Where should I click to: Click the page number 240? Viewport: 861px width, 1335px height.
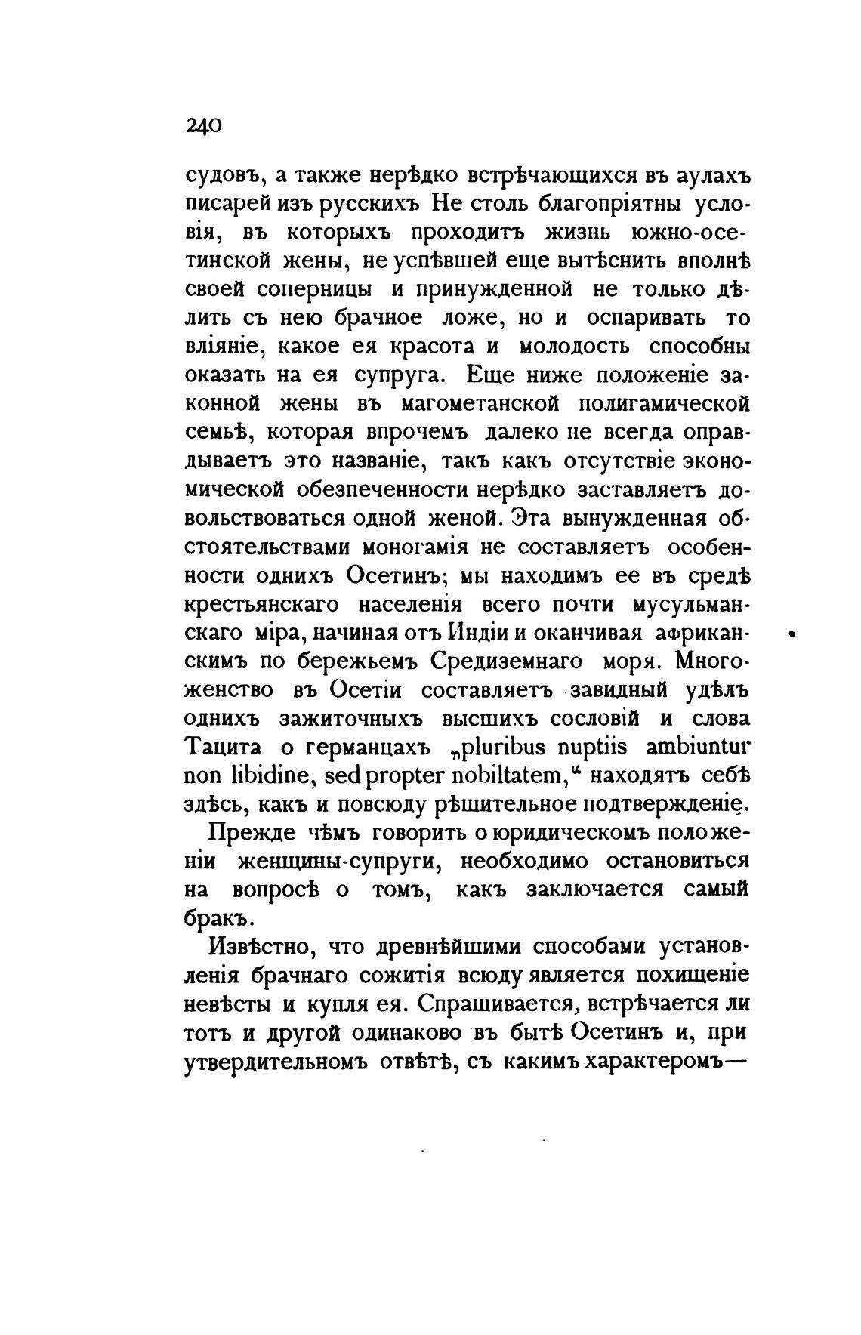pyautogui.click(x=202, y=125)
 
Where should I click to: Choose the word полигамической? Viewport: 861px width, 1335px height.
pyautogui.click(x=665, y=405)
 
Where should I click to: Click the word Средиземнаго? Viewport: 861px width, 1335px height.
pyautogui.click(x=508, y=662)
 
